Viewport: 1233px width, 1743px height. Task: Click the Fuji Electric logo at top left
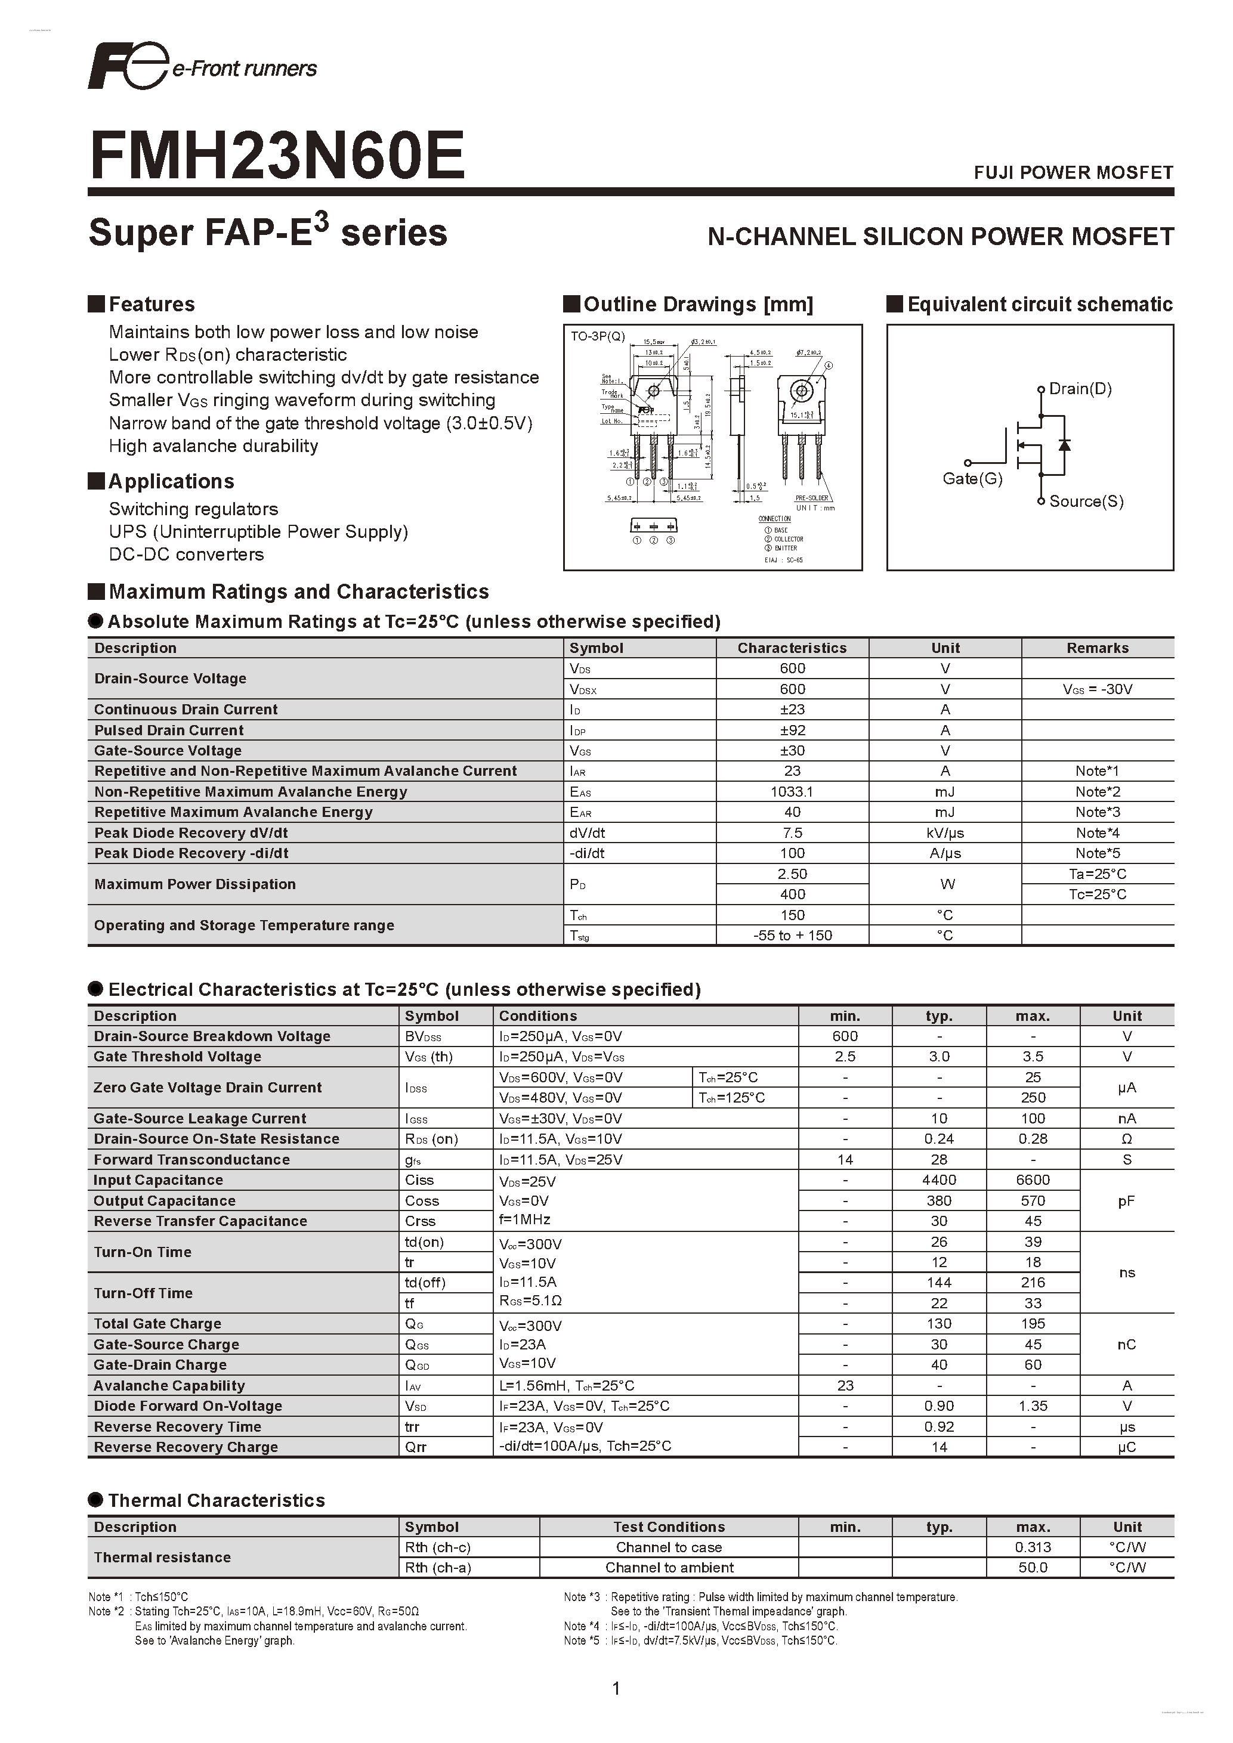(126, 67)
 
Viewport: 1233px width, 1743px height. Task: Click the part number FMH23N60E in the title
(277, 156)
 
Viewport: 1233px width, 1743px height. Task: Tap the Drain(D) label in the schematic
(1080, 389)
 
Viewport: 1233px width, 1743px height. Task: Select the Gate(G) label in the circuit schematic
(972, 478)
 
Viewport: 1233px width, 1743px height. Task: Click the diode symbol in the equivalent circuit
(1064, 445)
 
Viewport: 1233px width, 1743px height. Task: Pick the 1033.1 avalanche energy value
(792, 792)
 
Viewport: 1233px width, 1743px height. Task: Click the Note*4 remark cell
(1097, 833)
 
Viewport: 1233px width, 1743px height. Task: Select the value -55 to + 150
(792, 935)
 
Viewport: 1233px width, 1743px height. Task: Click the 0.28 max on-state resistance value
(1033, 1139)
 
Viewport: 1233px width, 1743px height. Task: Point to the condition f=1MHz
(524, 1220)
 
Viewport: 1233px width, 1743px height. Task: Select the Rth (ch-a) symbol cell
(437, 1568)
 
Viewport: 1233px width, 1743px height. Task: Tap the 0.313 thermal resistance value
(1033, 1547)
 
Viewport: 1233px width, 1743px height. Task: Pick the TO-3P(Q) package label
(598, 336)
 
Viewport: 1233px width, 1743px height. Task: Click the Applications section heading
(171, 481)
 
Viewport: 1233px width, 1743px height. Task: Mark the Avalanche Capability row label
(169, 1385)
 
